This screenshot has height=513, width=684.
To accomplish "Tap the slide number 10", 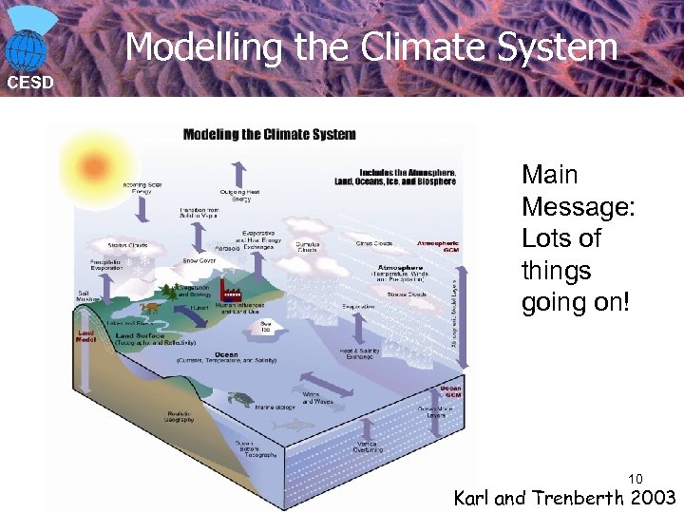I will coord(636,478).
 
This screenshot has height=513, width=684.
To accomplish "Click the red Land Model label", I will coord(85,336).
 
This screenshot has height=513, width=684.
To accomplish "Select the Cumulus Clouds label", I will coord(307,246).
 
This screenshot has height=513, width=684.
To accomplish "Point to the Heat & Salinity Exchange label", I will coord(360,354).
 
